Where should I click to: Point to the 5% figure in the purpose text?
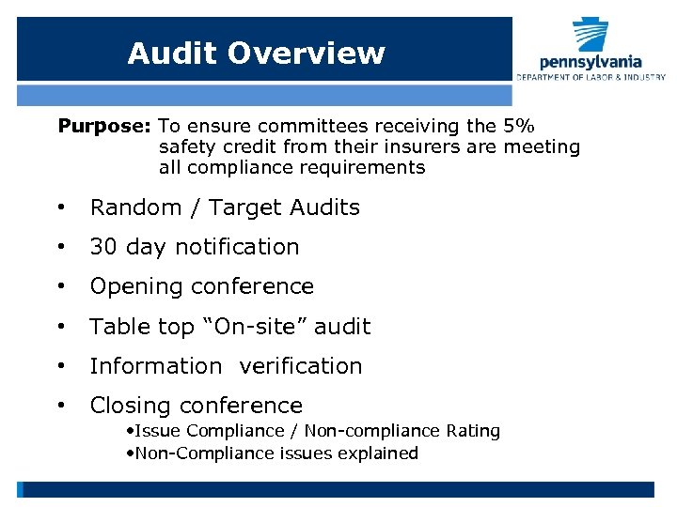[x=520, y=125]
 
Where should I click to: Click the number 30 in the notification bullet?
[x=103, y=247]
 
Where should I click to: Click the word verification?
[x=301, y=366]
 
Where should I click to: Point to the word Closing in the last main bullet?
[x=131, y=406]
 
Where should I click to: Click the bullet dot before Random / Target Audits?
[x=60, y=207]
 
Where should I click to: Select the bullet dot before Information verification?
[x=60, y=366]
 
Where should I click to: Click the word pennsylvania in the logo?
[x=590, y=62]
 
